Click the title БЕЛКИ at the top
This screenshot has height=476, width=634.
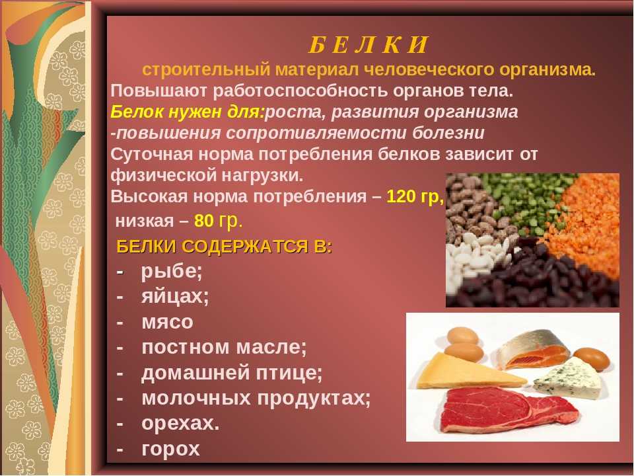368,45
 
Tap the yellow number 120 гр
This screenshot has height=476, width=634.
415,197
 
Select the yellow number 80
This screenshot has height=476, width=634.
204,221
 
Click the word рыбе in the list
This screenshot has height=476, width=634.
171,272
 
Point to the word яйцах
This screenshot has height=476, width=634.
174,297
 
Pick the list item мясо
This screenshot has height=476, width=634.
167,322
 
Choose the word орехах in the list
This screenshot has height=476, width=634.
180,423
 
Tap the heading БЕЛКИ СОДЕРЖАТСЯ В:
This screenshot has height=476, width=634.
225,247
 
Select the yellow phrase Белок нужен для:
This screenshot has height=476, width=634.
187,112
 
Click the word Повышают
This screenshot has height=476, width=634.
159,91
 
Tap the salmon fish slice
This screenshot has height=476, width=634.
533,350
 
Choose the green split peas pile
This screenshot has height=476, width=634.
526,198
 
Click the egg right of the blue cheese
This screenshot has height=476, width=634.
592,358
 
